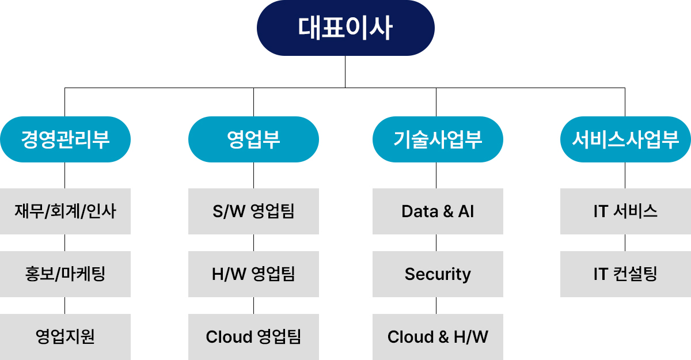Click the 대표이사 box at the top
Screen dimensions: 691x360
(345, 28)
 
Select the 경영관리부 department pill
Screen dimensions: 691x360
(65, 139)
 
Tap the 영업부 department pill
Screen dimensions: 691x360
(253, 139)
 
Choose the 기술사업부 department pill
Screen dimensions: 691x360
(438, 139)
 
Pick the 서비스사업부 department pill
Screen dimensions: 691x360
(625, 139)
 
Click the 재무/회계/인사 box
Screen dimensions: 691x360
(65, 211)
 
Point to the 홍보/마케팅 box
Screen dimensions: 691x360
(65, 274)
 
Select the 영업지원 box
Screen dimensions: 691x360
(65, 337)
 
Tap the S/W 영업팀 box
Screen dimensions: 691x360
(253, 211)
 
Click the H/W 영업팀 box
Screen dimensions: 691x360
(253, 274)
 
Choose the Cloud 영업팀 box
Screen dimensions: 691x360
(253, 337)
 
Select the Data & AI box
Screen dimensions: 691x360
(438, 211)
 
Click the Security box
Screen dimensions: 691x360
(438, 274)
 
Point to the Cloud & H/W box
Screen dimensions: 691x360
(438, 337)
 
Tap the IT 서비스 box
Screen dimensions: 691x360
(625, 211)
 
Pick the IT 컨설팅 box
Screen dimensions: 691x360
(625, 274)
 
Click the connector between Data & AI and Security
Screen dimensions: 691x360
(436, 242)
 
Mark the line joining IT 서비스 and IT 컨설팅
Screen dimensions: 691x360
(625, 242)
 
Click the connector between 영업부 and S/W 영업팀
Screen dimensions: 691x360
(253, 175)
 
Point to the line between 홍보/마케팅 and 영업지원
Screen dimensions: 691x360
(64, 305)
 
